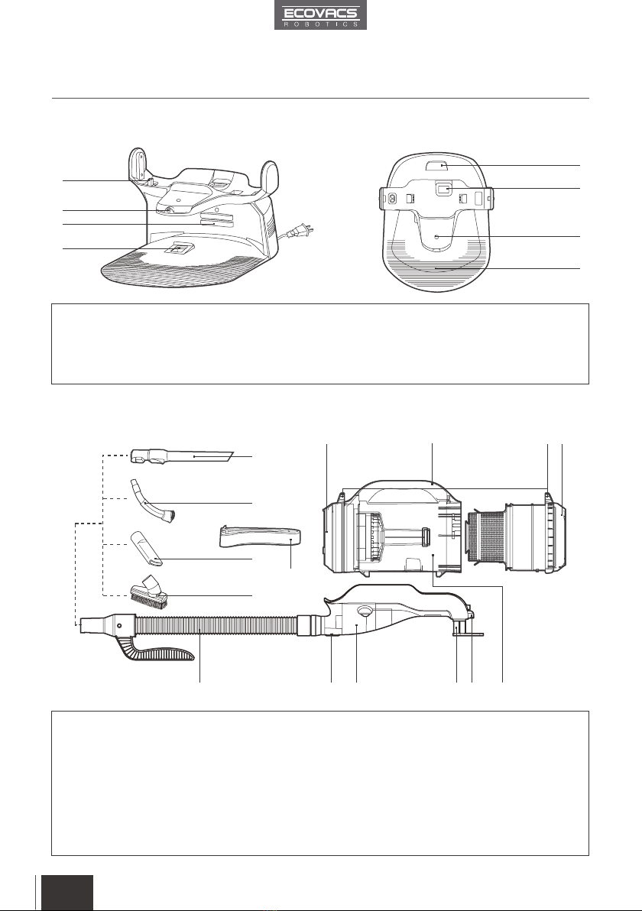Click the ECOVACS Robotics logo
point(321,15)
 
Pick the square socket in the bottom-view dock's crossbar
point(445,189)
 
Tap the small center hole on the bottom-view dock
point(437,236)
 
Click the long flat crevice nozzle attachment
point(182,457)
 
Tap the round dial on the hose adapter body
point(365,611)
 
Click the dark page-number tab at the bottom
point(65,893)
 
